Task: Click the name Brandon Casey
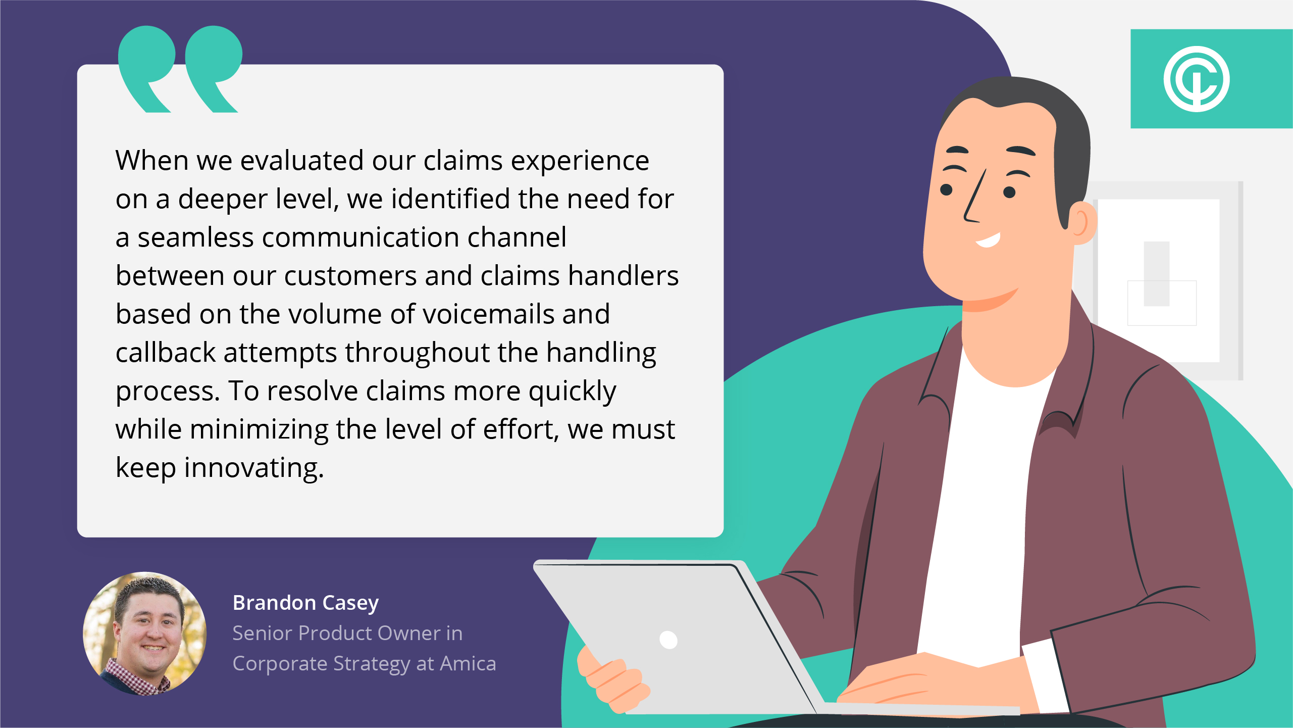pos(305,603)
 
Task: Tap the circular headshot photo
pos(145,634)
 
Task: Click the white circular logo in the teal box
pos(1197,79)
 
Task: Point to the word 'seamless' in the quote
pos(195,238)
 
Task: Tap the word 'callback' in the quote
pos(166,352)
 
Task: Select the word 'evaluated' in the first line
pos(302,161)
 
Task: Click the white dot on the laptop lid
pos(668,640)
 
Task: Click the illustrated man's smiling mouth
pos(988,240)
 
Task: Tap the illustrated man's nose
pos(974,197)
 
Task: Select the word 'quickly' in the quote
pos(573,392)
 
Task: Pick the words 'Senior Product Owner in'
pos(347,634)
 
